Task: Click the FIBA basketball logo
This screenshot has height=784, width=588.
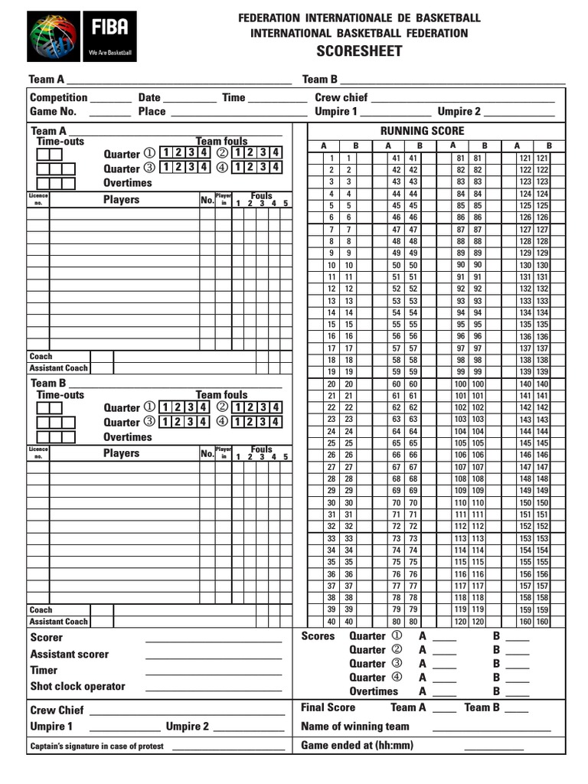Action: [54, 36]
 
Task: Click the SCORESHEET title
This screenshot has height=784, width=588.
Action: [359, 51]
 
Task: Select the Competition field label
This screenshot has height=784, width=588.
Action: [58, 98]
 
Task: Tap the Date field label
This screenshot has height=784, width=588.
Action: [149, 98]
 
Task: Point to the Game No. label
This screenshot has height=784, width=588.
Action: [53, 112]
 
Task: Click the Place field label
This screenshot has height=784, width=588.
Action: [152, 112]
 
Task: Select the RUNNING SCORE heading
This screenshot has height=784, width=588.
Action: [422, 131]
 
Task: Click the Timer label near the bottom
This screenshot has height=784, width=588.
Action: [44, 670]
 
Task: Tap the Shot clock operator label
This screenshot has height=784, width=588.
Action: [77, 686]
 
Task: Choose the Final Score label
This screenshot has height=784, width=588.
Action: [328, 707]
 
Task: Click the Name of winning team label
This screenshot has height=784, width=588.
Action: [355, 726]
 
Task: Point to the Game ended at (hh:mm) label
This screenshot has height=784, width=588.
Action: [357, 745]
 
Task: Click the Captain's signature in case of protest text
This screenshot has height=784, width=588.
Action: [96, 746]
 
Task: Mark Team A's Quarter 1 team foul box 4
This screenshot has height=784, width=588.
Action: [204, 152]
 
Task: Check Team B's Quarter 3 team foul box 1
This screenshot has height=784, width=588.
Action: [165, 422]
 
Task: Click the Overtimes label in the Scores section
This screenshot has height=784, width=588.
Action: [374, 691]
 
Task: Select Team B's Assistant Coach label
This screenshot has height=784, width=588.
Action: [59, 622]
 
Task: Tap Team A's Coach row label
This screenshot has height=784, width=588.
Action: [41, 356]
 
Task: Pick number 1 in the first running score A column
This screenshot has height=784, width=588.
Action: [331, 158]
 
